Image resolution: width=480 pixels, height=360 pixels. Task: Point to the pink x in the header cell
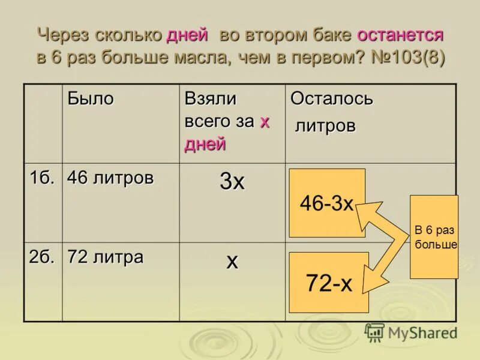pos(264,122)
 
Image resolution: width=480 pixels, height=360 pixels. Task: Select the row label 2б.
pos(41,257)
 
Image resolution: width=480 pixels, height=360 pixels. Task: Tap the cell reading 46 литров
pos(110,178)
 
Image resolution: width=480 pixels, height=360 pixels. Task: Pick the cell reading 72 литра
pos(105,257)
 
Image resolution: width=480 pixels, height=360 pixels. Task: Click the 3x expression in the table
pos(232,182)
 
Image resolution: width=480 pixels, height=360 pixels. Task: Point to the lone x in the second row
pos(232,261)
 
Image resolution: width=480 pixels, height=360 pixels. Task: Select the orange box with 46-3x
pos(327,203)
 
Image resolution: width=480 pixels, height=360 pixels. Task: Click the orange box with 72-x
pos(329,282)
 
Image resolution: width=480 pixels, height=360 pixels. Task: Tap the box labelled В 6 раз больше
pos(434,236)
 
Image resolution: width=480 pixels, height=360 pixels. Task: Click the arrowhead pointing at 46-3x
pos(367,212)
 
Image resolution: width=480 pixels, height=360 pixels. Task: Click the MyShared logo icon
pos(374,332)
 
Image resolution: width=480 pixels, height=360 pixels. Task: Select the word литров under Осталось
pos(326,126)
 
